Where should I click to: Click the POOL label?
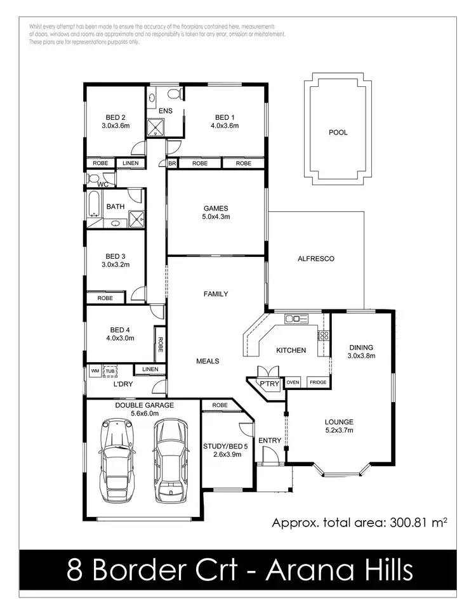point(338,133)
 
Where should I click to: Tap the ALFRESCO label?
point(315,259)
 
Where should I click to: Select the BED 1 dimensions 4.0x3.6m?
point(224,126)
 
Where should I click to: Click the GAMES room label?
point(216,208)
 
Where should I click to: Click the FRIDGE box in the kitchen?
point(317,382)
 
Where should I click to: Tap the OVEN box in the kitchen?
point(293,382)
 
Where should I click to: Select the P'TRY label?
point(265,384)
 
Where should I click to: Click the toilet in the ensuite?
point(175,95)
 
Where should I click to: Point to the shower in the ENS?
point(155,129)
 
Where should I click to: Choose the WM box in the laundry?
point(95,370)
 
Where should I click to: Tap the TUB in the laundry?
point(110,370)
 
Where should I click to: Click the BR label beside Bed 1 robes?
point(172,163)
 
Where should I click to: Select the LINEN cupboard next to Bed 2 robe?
point(130,163)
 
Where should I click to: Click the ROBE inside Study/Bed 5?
point(220,405)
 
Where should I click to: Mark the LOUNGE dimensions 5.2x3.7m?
point(339,431)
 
